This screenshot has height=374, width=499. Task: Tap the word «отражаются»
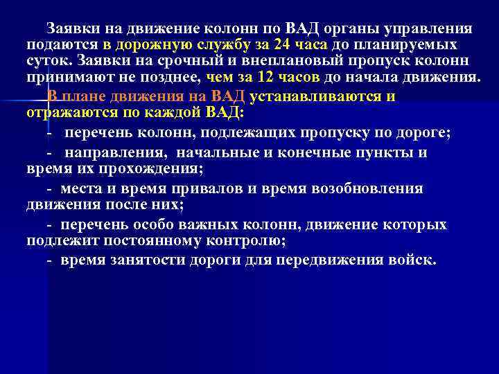[x=70, y=113]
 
